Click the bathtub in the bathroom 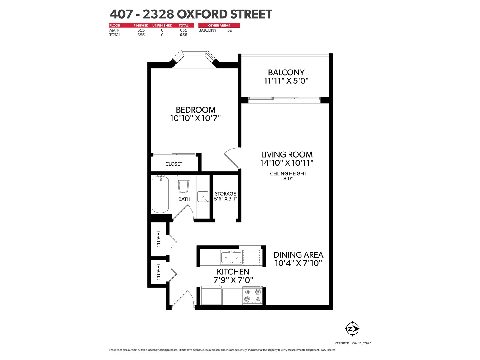click(x=160, y=194)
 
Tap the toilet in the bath click(x=183, y=184)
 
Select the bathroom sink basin click(x=203, y=197)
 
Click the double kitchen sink click(x=231, y=257)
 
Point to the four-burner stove click(x=253, y=295)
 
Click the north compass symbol click(x=352, y=328)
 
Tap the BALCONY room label click(x=286, y=72)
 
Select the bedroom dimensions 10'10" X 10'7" click(x=196, y=118)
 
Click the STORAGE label click(x=226, y=194)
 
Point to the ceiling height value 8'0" click(x=288, y=178)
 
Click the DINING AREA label click(x=298, y=255)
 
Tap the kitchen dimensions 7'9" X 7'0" click(x=233, y=280)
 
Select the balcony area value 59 click(x=229, y=30)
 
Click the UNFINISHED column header click(x=162, y=25)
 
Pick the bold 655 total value click(x=184, y=35)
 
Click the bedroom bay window click(x=194, y=58)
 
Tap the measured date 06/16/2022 click(x=362, y=343)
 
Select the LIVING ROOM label click(x=287, y=154)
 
